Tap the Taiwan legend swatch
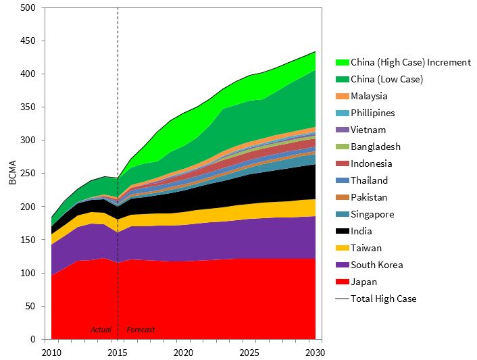pos(342,248)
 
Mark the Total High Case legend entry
pos(383,299)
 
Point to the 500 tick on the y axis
pos(28,8)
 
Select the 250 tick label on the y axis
pos(28,174)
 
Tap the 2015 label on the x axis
pos(118,353)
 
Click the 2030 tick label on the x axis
pos(315,353)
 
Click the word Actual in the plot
pos(101,330)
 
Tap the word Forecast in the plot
pos(141,330)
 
